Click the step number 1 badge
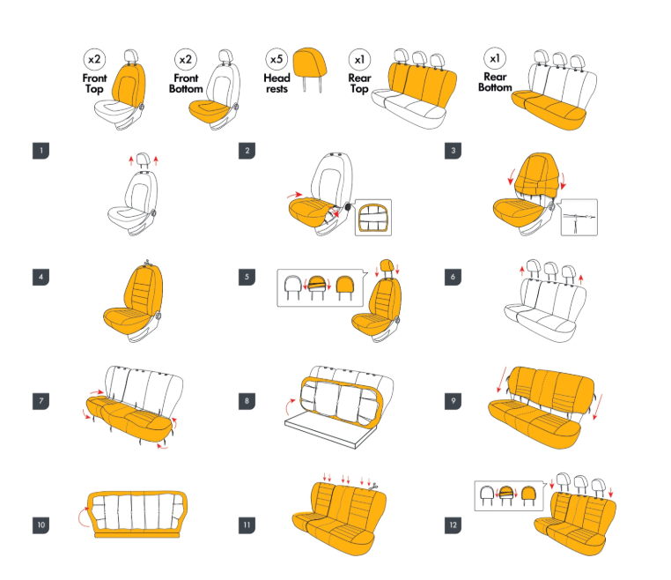41,151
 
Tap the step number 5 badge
247,277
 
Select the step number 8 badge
247,401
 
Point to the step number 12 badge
453,525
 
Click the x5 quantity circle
277,59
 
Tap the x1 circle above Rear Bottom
495,58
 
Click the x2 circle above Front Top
94,60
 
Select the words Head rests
277,84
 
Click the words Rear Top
359,84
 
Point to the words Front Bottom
186,84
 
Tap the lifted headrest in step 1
144,160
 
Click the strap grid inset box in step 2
373,218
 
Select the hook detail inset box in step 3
579,217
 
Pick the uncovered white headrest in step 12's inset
487,494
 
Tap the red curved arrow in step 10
82,517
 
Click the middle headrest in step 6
550,271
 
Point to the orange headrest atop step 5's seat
387,265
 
